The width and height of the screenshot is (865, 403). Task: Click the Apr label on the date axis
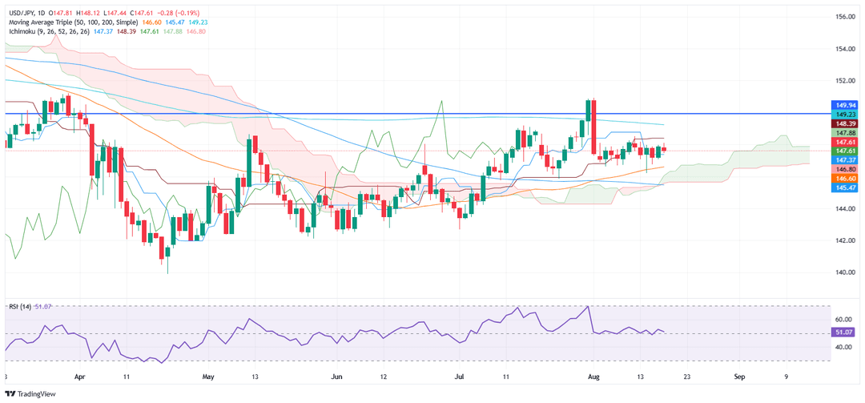coord(78,375)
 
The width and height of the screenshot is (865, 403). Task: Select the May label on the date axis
coord(209,375)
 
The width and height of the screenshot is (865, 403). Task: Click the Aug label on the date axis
coord(593,375)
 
